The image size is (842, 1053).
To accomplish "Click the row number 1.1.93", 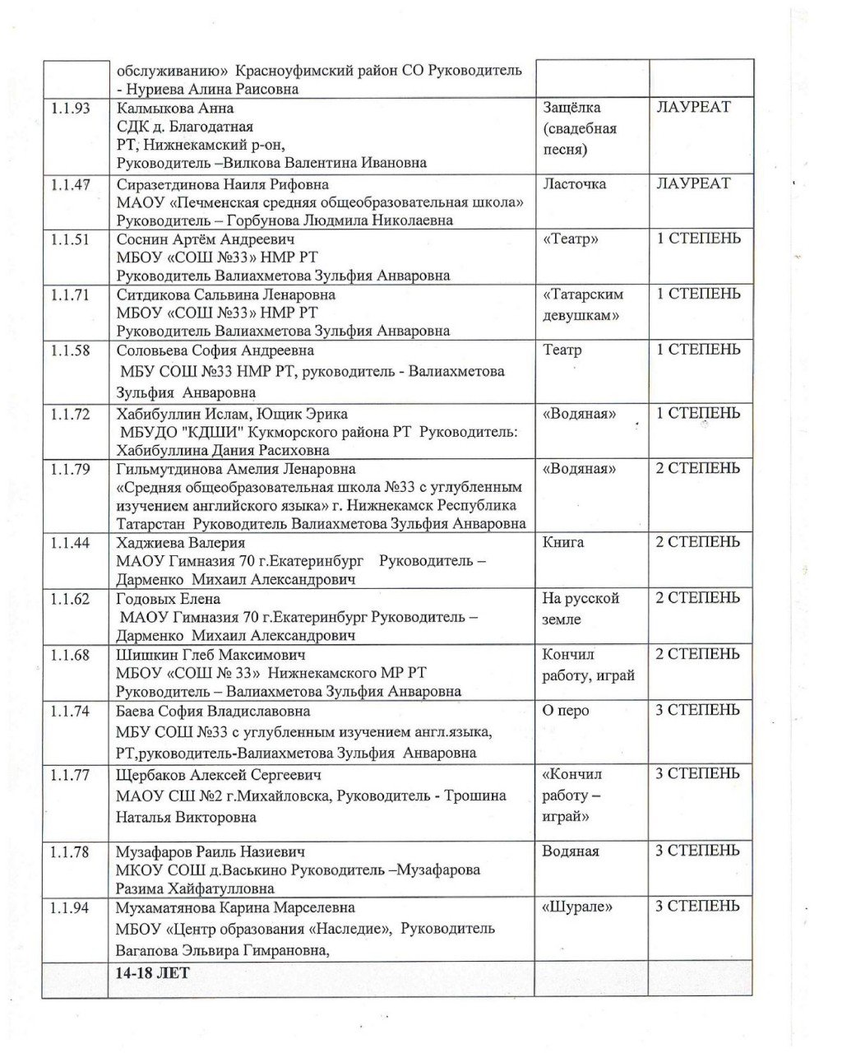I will (70, 108).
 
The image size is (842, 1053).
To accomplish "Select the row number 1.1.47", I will (70, 184).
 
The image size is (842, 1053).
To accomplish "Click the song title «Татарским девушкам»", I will (582, 304).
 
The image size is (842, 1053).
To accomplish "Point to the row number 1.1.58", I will (70, 350).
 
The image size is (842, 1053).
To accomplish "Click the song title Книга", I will (563, 542).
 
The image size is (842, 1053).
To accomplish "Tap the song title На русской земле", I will (581, 609).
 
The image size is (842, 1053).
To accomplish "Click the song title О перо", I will (566, 711).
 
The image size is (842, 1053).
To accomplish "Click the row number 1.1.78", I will (70, 852).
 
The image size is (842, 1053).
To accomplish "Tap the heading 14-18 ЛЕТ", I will (153, 972).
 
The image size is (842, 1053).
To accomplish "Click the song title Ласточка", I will (574, 184).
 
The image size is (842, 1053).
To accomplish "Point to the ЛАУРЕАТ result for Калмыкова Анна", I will (693, 107).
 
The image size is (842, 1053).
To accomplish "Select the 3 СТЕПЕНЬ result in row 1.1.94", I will (697, 907).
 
